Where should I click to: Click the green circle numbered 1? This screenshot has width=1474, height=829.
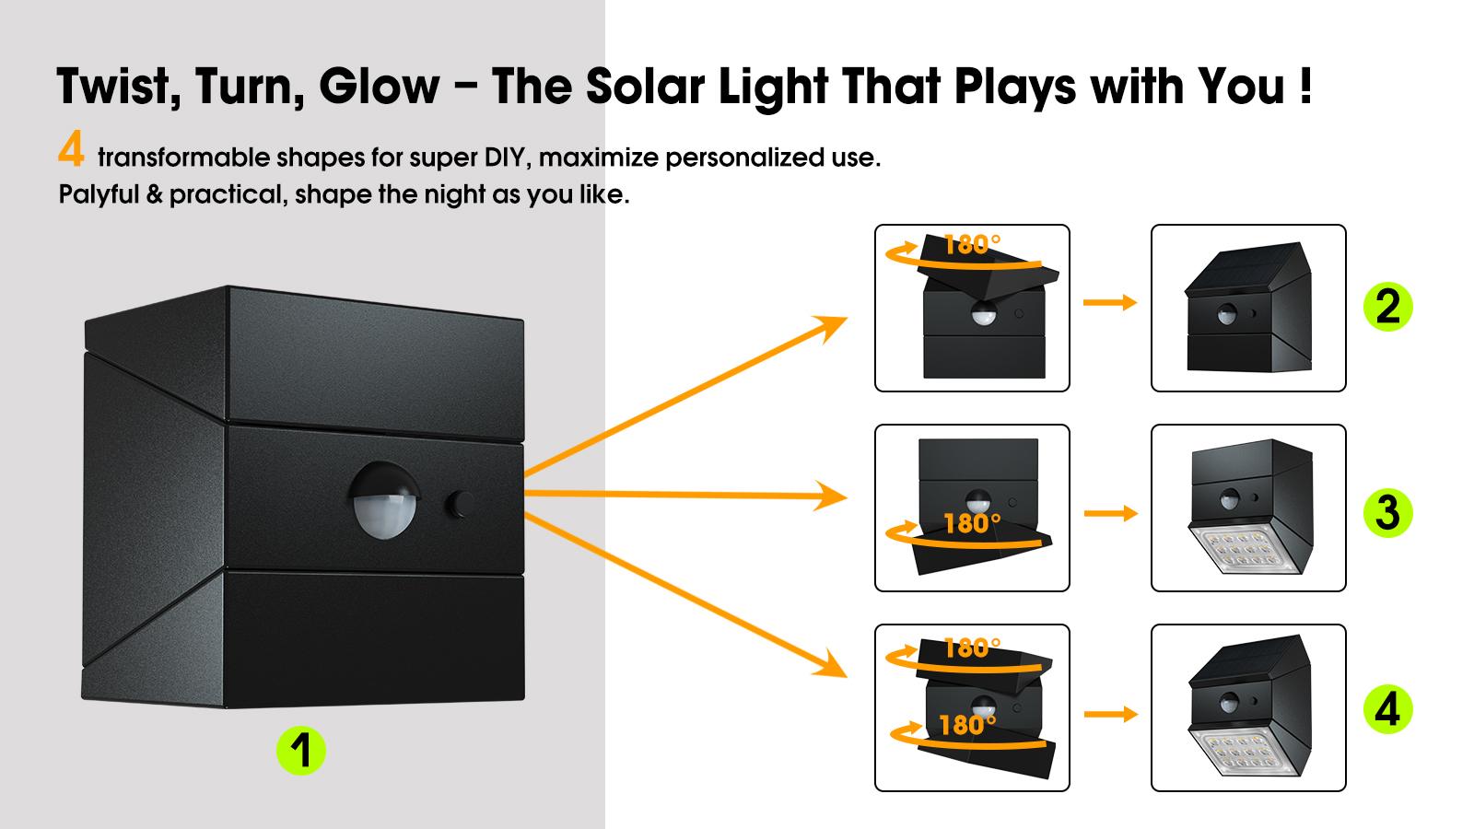click(x=301, y=750)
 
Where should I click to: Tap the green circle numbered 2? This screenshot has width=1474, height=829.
click(x=1387, y=307)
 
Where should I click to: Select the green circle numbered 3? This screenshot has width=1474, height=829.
click(x=1387, y=512)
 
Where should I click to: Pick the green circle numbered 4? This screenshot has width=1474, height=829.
click(x=1387, y=709)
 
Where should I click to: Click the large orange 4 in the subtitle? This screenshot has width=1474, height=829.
click(x=71, y=148)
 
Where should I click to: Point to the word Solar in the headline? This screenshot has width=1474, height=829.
click(x=645, y=87)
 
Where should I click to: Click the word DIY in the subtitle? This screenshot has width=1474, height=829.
click(x=507, y=158)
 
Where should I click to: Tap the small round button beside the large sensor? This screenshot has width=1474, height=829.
click(x=460, y=504)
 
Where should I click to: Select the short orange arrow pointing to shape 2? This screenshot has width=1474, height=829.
click(x=1110, y=303)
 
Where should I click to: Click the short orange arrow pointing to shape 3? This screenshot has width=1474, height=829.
click(x=1111, y=513)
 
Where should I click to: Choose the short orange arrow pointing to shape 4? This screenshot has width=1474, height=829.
click(x=1111, y=714)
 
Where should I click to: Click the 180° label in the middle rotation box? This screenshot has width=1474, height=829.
click(x=972, y=524)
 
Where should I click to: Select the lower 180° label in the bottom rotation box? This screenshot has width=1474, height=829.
click(x=967, y=726)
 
